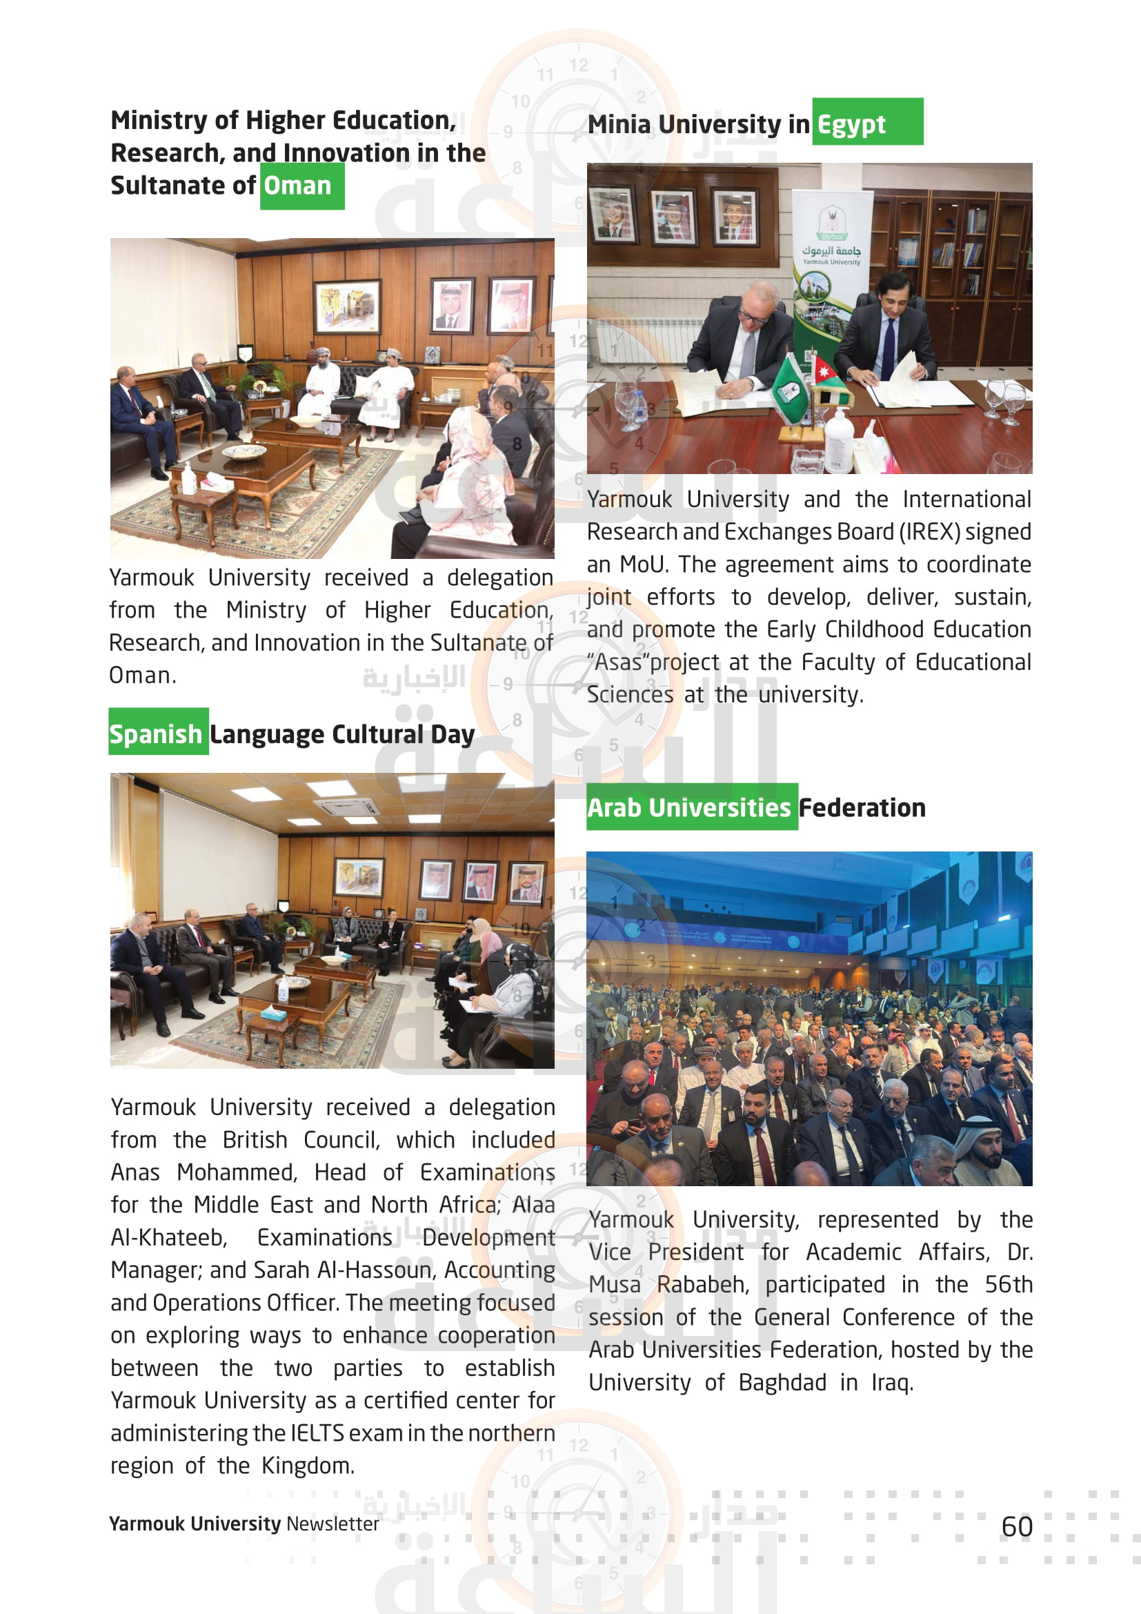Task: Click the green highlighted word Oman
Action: (297, 186)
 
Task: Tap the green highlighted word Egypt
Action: (851, 124)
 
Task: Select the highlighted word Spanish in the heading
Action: (155, 734)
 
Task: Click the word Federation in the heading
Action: (862, 808)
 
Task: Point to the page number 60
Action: (1017, 1527)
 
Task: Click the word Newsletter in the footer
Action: (333, 1524)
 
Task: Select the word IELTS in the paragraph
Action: (317, 1433)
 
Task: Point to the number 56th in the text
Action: (1009, 1285)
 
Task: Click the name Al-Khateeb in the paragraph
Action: (168, 1238)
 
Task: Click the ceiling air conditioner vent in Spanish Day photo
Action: (348, 809)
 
